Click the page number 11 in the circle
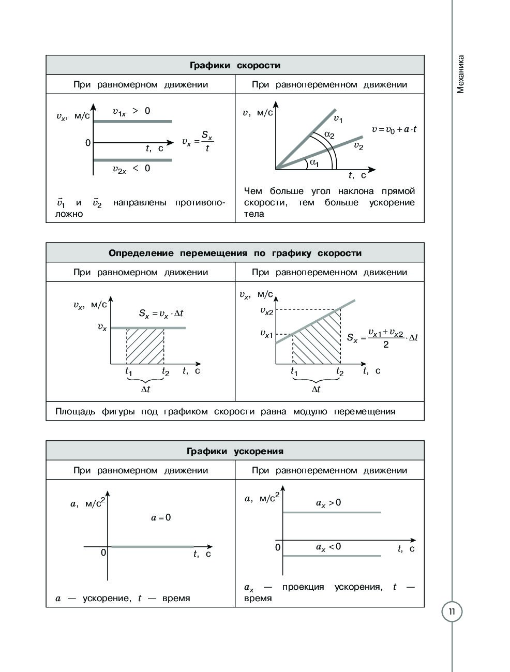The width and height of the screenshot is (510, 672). coord(452,612)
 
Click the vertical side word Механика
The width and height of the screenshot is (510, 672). coord(461,74)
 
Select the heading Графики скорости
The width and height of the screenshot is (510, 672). coord(235,66)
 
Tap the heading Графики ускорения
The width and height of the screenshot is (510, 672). coord(235,451)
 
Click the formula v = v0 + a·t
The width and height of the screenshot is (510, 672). coord(394,129)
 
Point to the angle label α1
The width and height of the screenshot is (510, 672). coord(314,162)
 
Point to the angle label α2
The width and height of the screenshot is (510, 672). coord(329,135)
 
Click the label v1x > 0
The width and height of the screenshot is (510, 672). coord(131,111)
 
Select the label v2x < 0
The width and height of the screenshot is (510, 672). coord(131,169)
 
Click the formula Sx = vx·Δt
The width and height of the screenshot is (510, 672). coord(161,313)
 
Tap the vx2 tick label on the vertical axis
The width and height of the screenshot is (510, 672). coord(266,311)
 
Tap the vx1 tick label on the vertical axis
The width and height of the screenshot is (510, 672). coord(266,334)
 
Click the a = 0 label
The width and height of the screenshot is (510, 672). coord(161,517)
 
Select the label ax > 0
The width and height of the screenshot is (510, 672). coord(328,503)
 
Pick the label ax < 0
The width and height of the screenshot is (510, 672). coord(328,547)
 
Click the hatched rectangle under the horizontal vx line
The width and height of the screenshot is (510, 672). coord(145,347)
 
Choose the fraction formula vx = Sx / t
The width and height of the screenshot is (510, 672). coord(198,141)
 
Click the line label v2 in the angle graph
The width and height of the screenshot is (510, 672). coord(358,146)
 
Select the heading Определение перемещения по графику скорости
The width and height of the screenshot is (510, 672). coord(235,253)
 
